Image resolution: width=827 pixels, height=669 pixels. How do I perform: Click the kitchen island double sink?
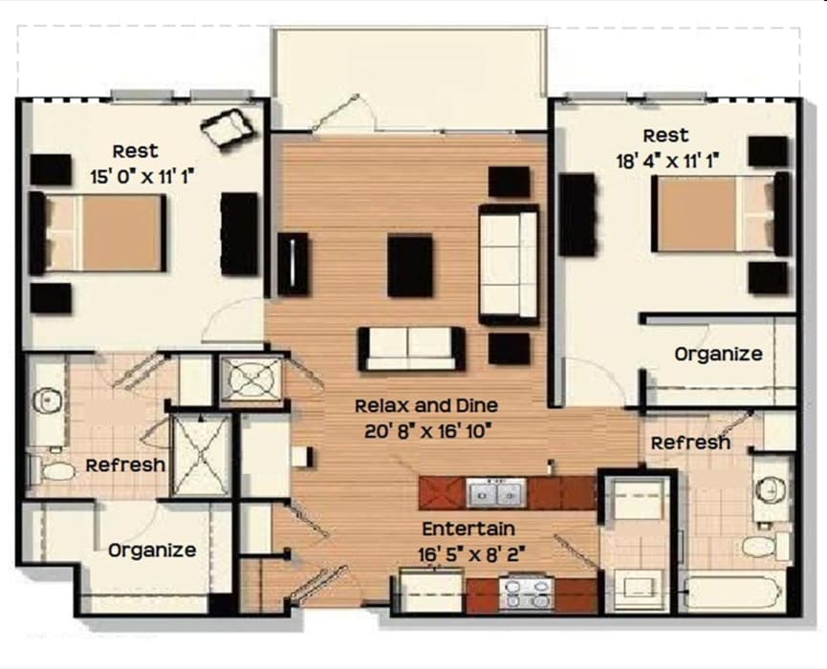pyautogui.click(x=496, y=493)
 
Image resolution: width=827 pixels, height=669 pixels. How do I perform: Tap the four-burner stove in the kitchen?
pyautogui.click(x=526, y=594)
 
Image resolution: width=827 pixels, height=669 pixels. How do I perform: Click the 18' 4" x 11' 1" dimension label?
pyautogui.click(x=667, y=162)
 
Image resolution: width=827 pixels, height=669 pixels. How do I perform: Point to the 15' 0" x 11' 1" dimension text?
pyautogui.click(x=142, y=177)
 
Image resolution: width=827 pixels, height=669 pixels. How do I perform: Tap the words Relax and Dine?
pyautogui.click(x=426, y=405)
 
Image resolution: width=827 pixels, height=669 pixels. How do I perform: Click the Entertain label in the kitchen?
pyautogui.click(x=468, y=529)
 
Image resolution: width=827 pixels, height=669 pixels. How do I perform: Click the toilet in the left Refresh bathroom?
pyautogui.click(x=53, y=471)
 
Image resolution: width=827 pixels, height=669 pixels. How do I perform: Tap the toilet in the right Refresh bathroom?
pyautogui.click(x=764, y=546)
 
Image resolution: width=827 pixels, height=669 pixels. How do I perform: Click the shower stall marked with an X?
pyautogui.click(x=202, y=455)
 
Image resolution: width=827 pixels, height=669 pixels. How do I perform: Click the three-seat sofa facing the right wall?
pyautogui.click(x=509, y=265)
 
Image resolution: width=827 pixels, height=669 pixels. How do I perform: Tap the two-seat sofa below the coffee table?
pyautogui.click(x=411, y=349)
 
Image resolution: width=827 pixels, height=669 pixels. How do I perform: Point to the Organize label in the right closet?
pyautogui.click(x=718, y=354)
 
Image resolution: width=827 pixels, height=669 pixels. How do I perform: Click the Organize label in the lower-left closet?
pyautogui.click(x=152, y=550)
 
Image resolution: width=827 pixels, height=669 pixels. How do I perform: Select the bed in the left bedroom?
pyautogui.click(x=98, y=233)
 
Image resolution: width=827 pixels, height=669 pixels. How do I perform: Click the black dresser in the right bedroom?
pyautogui.click(x=577, y=215)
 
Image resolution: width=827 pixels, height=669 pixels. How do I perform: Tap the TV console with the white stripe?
pyautogui.click(x=293, y=264)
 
